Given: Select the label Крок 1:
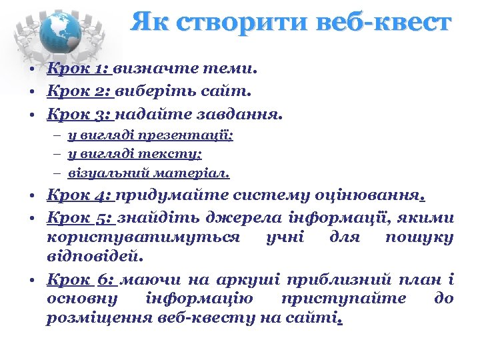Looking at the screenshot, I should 79,67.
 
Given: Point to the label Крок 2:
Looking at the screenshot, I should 79,91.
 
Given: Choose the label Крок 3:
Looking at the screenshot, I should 79,114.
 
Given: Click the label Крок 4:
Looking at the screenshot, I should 79,195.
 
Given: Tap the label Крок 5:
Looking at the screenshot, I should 79,218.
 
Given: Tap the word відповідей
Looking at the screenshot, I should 93,255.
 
